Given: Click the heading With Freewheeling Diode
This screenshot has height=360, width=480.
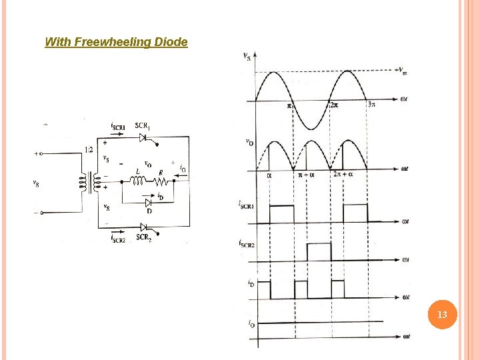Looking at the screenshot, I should coord(116,42).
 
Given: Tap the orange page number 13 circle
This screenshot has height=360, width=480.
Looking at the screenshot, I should coord(441,313).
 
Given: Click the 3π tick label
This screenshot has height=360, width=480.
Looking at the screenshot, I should coord(371,105).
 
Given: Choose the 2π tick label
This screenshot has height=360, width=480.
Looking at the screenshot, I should coord(335,105).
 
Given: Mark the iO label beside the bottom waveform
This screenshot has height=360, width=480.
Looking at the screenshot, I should coord(251,324).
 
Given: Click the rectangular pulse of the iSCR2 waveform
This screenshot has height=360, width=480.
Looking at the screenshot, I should coord(319,252).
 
